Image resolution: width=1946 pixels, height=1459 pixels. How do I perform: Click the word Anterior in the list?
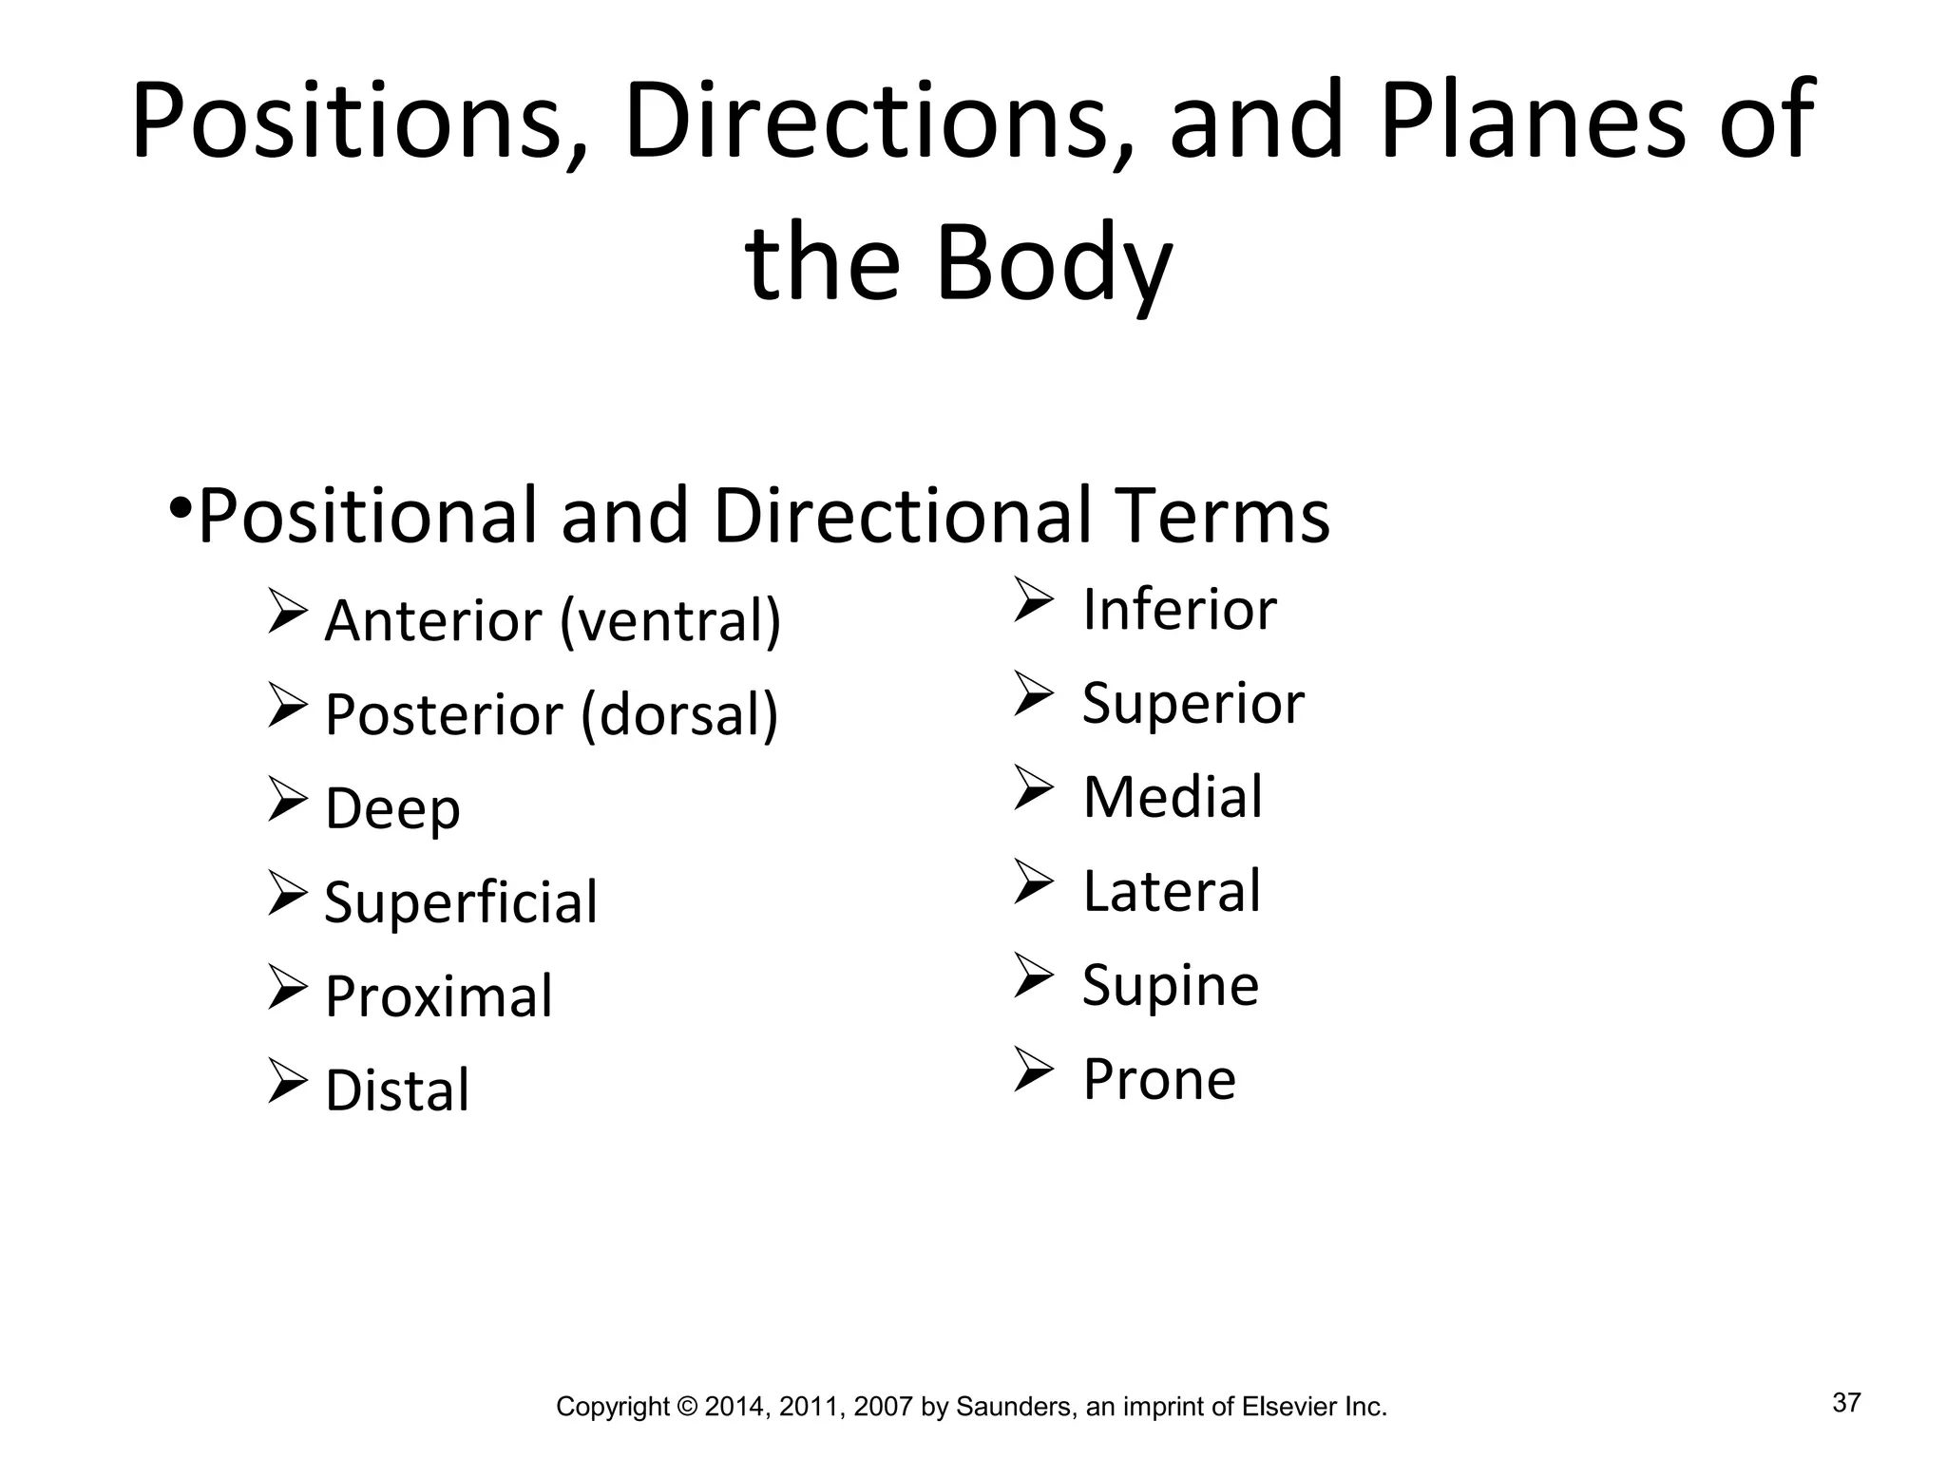433,621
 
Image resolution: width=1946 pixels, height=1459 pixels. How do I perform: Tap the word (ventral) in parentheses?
671,621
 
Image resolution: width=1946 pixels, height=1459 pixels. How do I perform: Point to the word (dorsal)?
679,714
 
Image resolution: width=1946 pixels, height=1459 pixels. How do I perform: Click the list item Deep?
392,809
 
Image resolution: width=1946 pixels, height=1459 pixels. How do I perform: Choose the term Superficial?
461,902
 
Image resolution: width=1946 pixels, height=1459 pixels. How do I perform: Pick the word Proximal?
438,996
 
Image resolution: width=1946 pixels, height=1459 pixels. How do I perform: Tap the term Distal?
397,1090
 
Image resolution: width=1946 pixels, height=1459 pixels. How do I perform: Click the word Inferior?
1179,609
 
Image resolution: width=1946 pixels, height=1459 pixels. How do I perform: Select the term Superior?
1193,704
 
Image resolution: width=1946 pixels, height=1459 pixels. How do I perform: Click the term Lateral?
1172,891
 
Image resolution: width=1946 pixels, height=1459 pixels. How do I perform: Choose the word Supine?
1171,986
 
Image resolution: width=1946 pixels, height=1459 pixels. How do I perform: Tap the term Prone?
1159,1079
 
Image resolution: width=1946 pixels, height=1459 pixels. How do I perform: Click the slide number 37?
1846,1403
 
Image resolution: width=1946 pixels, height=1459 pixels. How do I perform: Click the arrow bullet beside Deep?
287,799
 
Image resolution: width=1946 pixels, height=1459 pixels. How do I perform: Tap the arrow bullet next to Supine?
1033,976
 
